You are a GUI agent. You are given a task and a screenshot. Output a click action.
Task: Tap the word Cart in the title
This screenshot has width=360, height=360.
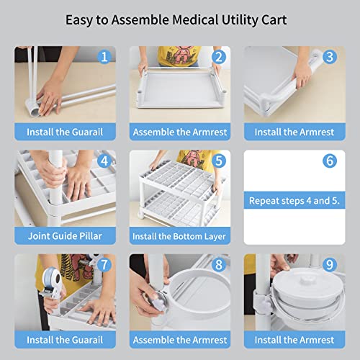[x=274, y=19]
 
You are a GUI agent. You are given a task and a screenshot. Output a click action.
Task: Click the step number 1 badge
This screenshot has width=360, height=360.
[x=104, y=57]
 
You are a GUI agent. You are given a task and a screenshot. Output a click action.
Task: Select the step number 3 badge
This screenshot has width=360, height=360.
[x=330, y=57]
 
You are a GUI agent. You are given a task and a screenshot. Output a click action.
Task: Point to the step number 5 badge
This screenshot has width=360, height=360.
[x=219, y=161]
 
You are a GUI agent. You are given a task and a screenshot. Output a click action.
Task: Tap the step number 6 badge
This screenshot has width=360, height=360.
[x=330, y=161]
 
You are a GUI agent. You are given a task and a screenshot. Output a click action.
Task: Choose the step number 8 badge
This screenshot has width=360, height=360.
[x=219, y=265]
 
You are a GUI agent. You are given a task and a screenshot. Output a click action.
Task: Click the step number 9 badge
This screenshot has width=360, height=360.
[x=330, y=265]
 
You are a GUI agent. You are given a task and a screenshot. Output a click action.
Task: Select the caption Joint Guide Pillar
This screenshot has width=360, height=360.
[x=65, y=236]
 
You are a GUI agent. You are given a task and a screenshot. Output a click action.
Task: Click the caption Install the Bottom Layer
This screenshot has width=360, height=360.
[x=179, y=237]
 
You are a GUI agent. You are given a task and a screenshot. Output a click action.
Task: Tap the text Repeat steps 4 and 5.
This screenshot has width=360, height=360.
[x=294, y=201]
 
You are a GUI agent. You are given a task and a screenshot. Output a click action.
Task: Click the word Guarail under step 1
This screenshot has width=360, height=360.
[x=87, y=132]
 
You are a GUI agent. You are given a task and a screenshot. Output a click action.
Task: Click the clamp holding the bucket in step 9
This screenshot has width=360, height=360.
[x=264, y=305]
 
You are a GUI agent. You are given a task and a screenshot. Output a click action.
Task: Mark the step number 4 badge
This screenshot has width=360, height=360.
[x=104, y=161]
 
